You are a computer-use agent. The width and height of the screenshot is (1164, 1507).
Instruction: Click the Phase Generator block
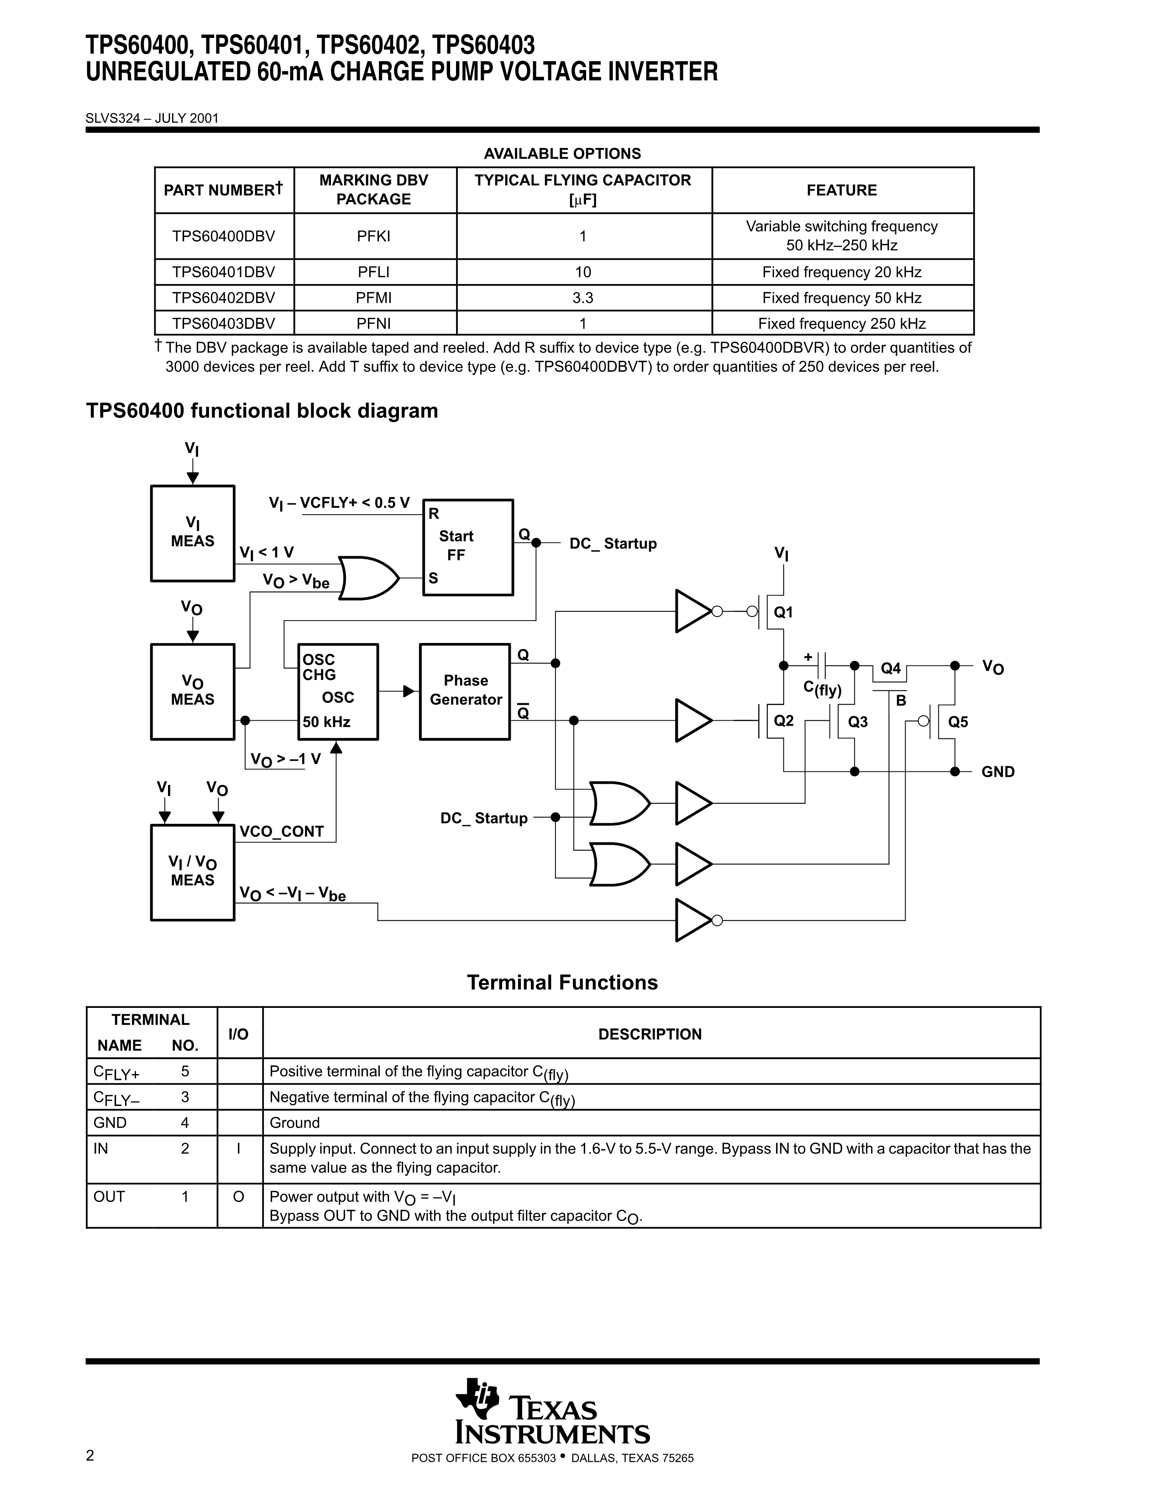click(x=465, y=691)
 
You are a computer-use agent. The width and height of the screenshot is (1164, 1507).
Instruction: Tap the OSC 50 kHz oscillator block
click(x=338, y=691)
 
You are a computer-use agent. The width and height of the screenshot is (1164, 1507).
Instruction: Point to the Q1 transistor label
click(x=783, y=612)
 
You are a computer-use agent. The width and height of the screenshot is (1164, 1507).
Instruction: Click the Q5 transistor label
click(x=958, y=722)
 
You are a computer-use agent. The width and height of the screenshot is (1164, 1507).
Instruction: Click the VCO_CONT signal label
click(x=281, y=832)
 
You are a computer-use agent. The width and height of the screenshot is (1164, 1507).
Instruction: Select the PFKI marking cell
click(x=374, y=236)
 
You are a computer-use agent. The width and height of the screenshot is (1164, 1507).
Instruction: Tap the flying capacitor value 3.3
click(x=583, y=298)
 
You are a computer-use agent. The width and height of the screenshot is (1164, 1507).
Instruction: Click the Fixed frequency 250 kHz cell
click(x=842, y=324)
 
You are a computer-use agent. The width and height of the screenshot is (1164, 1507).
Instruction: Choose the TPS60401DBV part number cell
click(x=223, y=272)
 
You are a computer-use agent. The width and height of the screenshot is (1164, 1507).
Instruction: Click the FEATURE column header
click(x=842, y=190)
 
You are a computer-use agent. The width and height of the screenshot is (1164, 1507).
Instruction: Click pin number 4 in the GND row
click(x=185, y=1122)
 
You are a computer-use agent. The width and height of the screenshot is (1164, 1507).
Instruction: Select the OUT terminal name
click(x=109, y=1196)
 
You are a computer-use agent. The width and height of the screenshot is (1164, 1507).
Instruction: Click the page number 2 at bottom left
click(x=89, y=1455)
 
